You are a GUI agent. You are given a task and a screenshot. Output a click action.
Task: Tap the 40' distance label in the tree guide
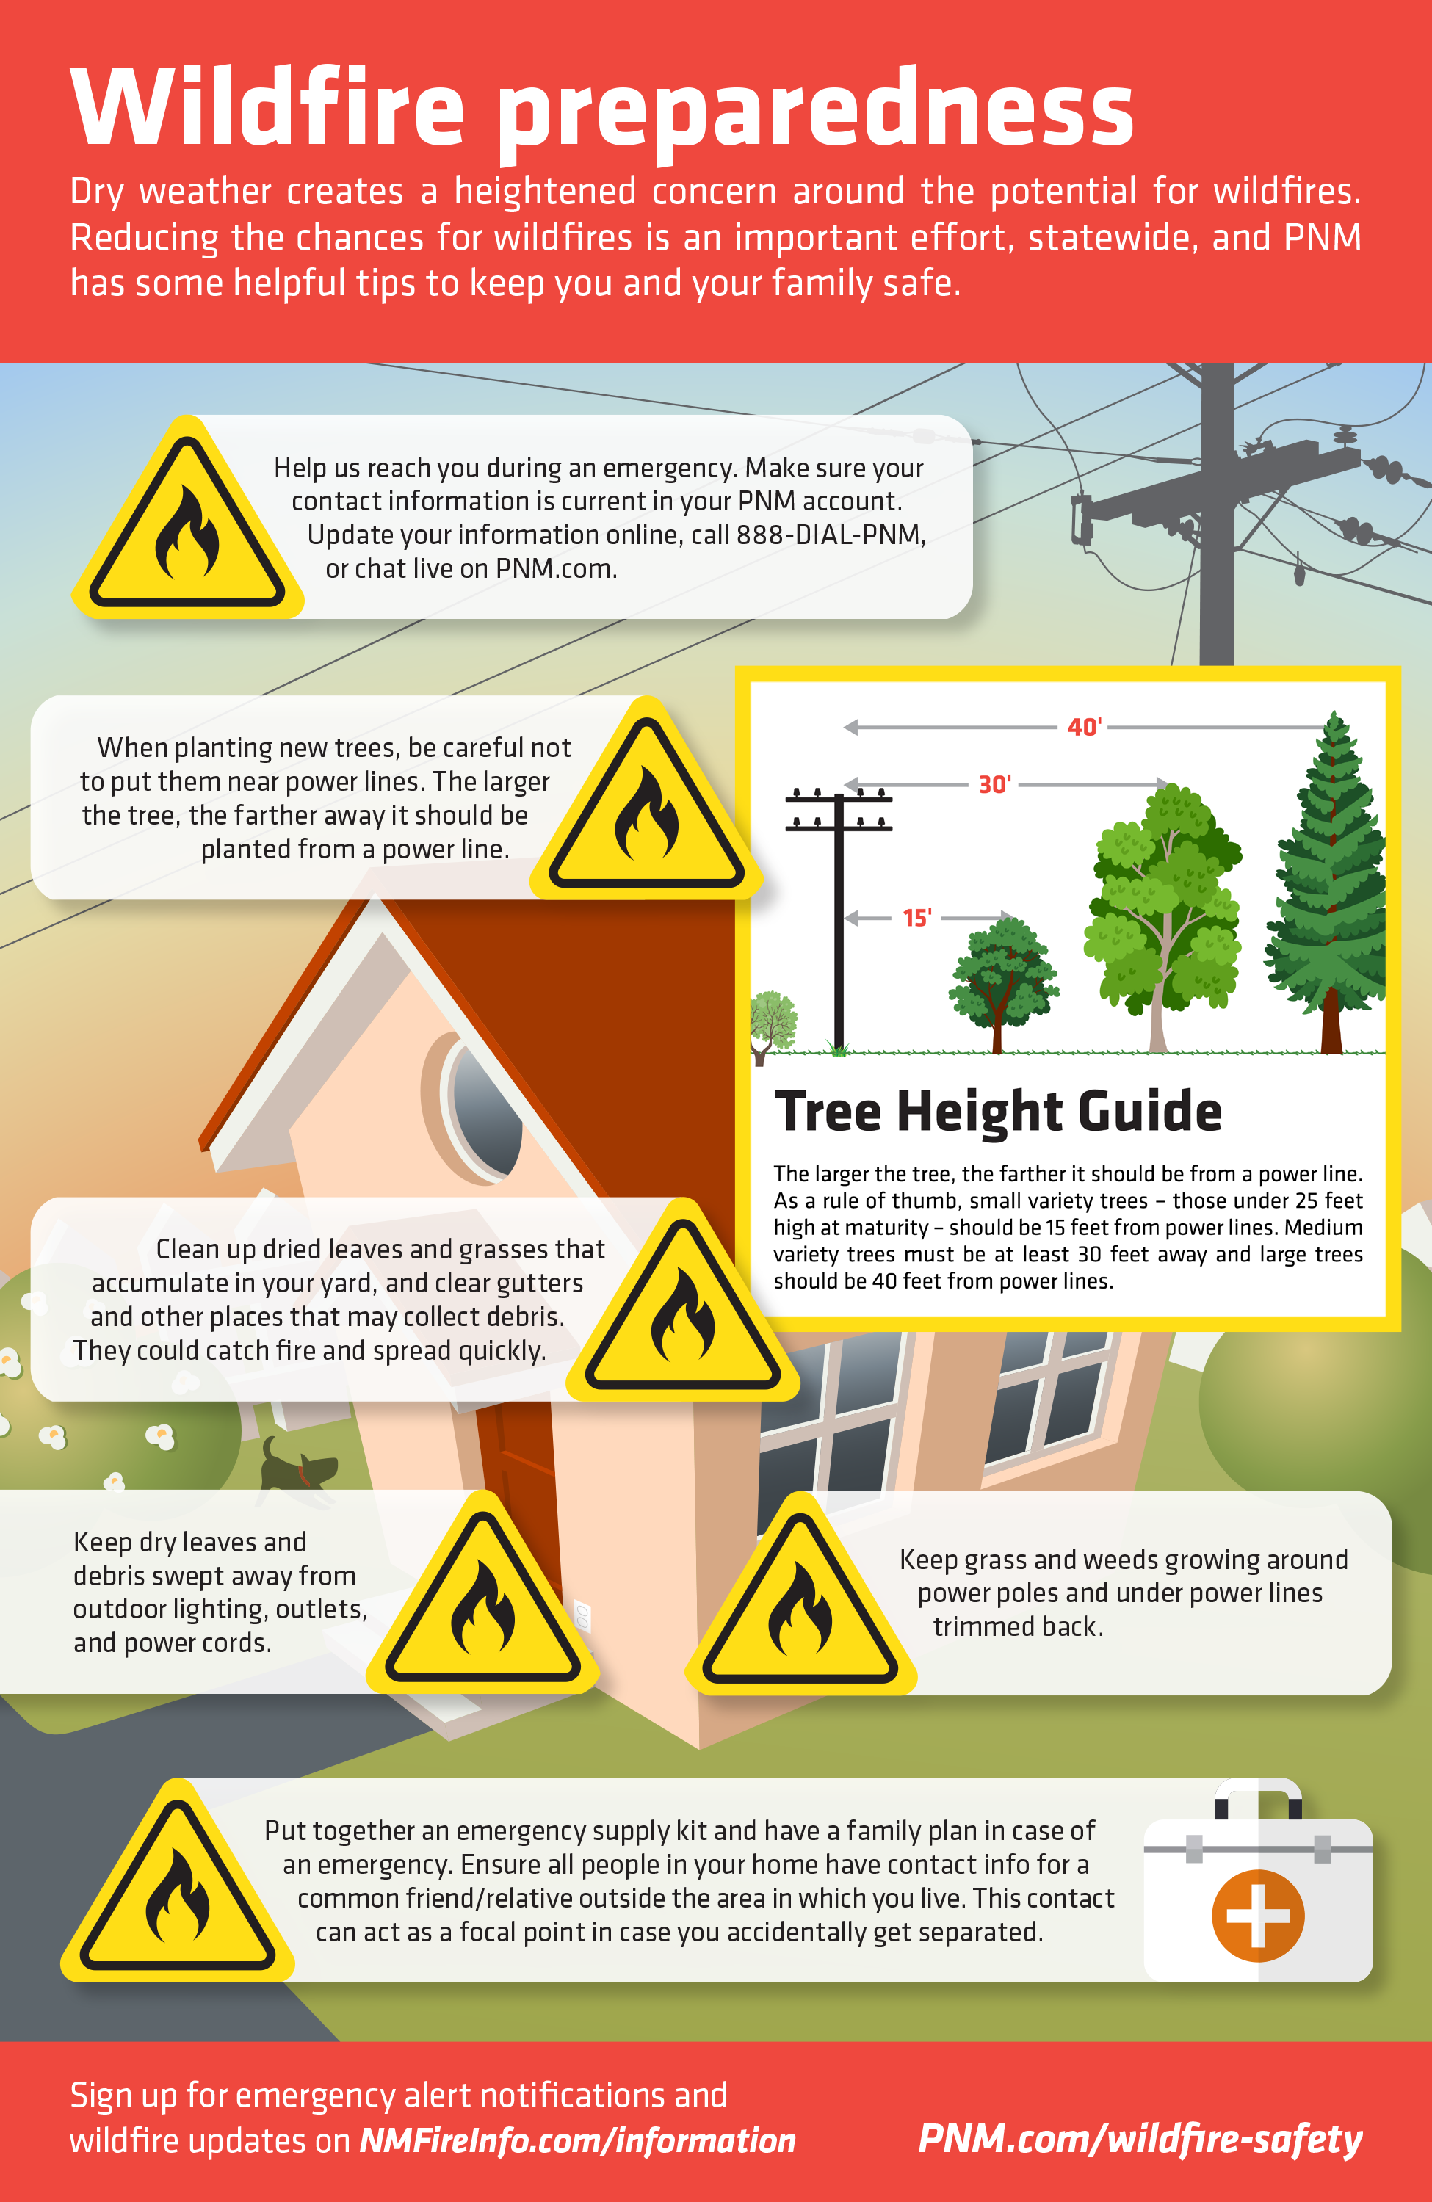tap(1084, 727)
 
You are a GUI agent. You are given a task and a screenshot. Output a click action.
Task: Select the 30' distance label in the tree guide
tap(994, 785)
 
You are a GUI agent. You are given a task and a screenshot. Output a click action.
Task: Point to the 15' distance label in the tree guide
tap(916, 918)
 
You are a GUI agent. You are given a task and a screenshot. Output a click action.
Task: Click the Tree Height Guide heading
tap(998, 1110)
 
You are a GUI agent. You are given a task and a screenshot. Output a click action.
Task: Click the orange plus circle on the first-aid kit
tap(1258, 1915)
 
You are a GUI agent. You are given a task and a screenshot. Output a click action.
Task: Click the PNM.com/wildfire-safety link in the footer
tap(1140, 2139)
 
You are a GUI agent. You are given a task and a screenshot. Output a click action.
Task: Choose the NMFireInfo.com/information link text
tap(577, 2140)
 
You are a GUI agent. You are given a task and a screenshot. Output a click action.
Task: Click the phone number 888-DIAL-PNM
tap(831, 535)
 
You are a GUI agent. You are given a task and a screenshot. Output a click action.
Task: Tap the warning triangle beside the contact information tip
tap(188, 518)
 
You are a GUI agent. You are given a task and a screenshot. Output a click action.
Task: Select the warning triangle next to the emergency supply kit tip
tap(178, 1881)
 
